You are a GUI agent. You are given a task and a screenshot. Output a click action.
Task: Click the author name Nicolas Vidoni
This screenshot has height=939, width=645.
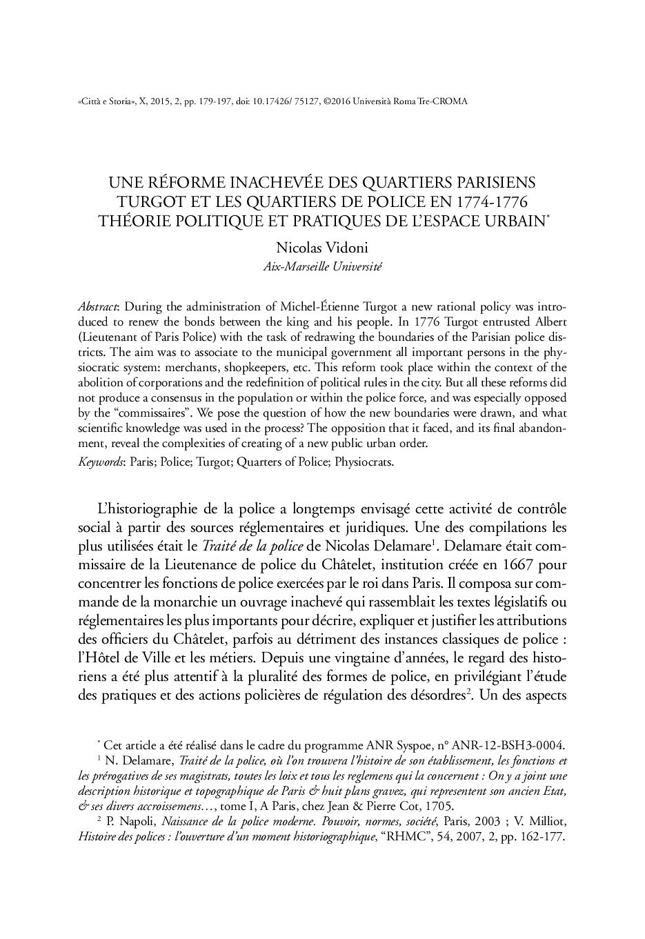click(322, 247)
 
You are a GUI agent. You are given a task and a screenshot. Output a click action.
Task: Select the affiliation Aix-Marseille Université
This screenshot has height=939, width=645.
click(322, 266)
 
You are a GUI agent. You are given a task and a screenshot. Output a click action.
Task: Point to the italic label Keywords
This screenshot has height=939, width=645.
click(99, 462)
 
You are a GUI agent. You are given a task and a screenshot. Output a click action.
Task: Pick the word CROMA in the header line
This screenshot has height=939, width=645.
click(452, 101)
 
